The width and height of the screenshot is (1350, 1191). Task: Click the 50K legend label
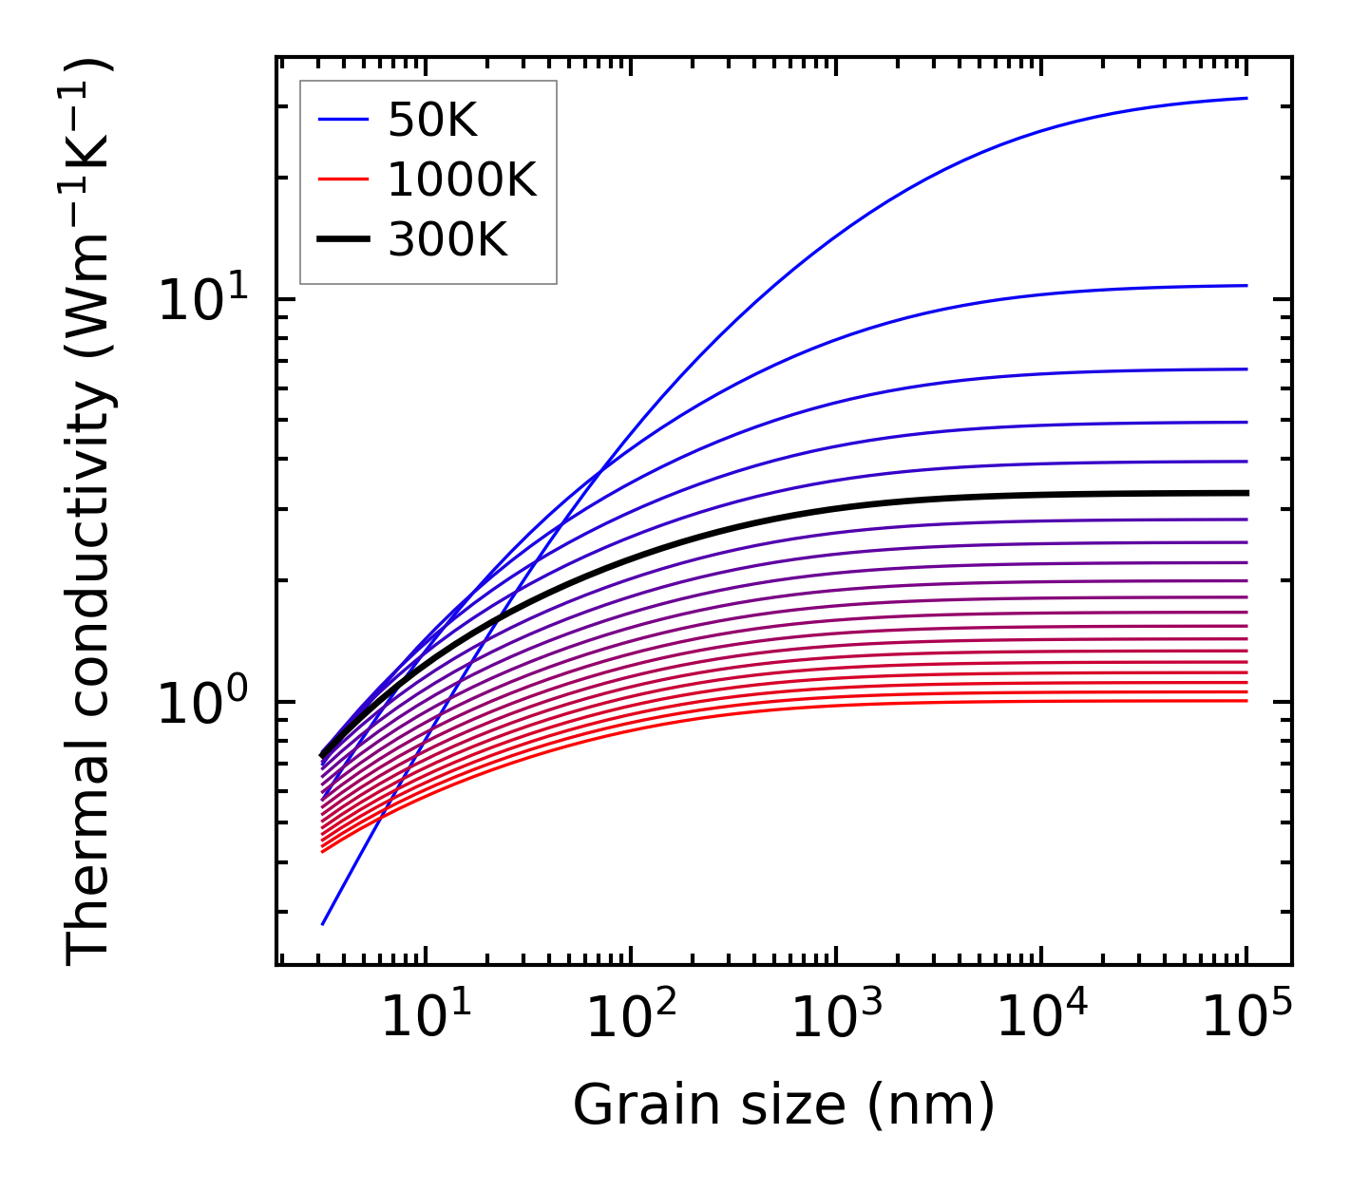[432, 121]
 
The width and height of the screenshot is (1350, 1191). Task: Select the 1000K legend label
[463, 180]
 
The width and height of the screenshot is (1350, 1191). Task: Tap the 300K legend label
[447, 240]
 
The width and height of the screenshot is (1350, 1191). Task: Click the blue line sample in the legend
[342, 121]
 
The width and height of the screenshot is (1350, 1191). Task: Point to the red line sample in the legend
[342, 180]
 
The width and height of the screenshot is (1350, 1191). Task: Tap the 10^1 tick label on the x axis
[426, 1018]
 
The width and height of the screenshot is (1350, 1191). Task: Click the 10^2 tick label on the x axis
[631, 1018]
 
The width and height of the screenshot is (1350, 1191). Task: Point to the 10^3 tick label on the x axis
[836, 1018]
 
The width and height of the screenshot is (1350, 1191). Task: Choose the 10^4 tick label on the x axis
[1041, 1018]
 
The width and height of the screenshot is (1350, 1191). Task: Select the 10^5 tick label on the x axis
[1246, 1018]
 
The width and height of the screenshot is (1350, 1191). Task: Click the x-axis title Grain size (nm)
[784, 1106]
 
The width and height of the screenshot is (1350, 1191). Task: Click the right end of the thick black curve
[1245, 493]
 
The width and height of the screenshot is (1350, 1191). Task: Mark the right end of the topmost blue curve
[1245, 98]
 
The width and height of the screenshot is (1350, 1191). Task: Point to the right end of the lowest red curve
[1245, 701]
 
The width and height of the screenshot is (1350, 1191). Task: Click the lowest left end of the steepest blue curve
[324, 923]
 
